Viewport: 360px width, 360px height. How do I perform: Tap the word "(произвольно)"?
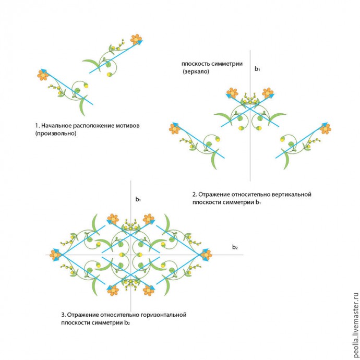pos(55,134)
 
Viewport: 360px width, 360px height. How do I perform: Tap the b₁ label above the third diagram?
pos(138,199)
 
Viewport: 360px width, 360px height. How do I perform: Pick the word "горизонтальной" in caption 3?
pos(163,315)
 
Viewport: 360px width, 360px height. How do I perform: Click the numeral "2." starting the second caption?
pos(194,195)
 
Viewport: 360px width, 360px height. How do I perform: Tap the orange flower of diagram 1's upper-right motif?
pos(136,39)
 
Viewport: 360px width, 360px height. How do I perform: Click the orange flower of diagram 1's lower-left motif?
pos(43,75)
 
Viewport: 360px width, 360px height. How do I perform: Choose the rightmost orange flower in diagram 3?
pos(206,254)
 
